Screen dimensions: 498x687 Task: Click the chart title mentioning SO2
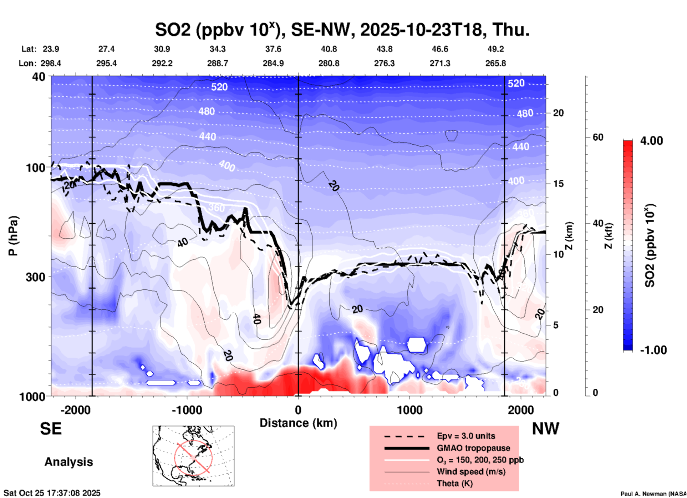(342, 29)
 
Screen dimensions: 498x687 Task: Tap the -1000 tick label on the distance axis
(187, 410)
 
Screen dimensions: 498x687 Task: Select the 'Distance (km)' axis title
(298, 423)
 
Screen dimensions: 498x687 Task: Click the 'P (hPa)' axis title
(13, 236)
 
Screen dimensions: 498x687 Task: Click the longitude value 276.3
(384, 63)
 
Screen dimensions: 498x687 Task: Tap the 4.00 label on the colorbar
(651, 140)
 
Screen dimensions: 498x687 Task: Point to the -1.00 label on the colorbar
(653, 350)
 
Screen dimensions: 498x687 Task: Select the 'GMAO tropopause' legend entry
(473, 448)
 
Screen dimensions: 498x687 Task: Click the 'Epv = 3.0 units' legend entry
(466, 436)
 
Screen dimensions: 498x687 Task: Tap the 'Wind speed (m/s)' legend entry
(471, 472)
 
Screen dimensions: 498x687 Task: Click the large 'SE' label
(51, 429)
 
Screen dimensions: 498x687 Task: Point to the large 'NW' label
(545, 429)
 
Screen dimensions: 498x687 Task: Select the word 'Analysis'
(68, 462)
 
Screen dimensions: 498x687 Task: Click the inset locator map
(193, 456)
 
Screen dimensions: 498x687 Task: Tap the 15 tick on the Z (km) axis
(558, 184)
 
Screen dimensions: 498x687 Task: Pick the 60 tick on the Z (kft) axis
(598, 137)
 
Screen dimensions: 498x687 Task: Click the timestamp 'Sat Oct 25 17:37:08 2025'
(52, 493)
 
